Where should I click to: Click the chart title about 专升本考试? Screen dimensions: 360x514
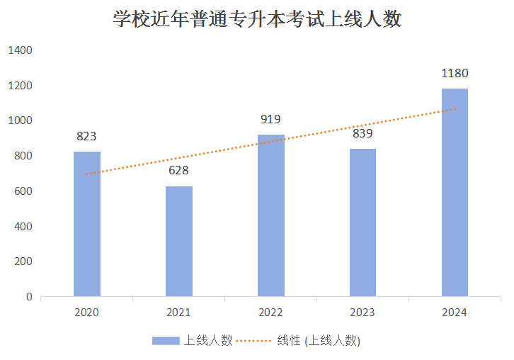pos(257,19)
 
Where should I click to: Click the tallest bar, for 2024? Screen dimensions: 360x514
pos(455,192)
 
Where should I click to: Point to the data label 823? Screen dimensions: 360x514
pos(86,136)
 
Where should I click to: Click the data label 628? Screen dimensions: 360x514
pos(178,171)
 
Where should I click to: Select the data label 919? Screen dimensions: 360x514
pos(270,119)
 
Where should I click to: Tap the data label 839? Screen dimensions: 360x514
pos(362,133)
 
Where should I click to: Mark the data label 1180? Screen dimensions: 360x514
pos(455,73)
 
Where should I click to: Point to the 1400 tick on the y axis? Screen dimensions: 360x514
pos(21,50)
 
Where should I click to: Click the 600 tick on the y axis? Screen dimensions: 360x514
pos(23,191)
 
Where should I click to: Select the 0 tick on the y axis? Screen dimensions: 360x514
pos(30,297)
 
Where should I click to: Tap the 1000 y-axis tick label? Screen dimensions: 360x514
pos(21,120)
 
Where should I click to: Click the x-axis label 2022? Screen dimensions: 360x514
pos(270,313)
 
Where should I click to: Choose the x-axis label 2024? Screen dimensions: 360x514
pos(455,313)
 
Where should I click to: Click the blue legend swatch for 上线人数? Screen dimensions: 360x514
pos(166,341)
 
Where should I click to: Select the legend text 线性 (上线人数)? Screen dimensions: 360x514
pos(319,341)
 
